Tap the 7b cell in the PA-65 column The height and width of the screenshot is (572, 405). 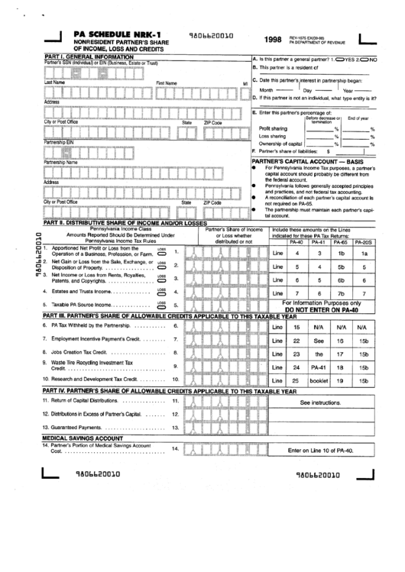(x=342, y=292)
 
